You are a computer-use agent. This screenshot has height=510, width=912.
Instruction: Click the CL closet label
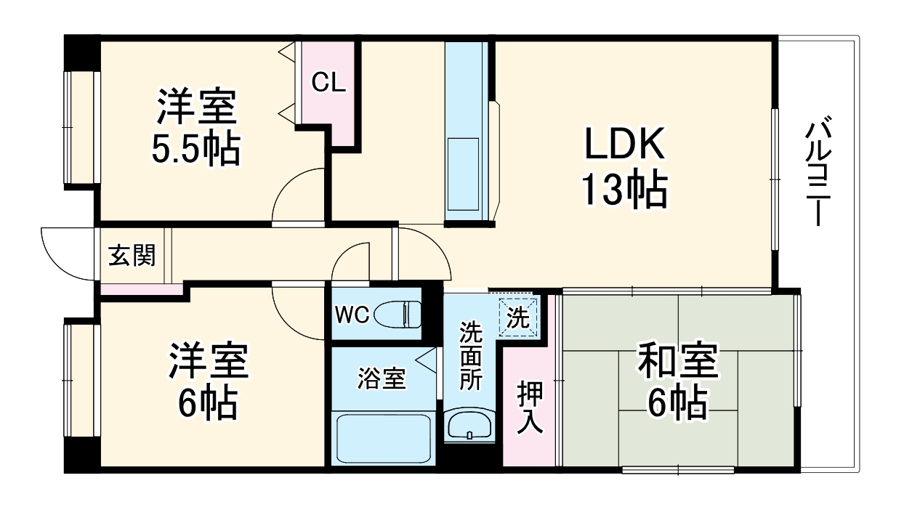[x=328, y=83]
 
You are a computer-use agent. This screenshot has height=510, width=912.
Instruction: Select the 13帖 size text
[x=624, y=190]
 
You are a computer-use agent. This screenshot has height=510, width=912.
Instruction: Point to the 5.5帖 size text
[x=195, y=150]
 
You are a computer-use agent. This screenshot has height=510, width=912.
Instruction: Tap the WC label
[x=352, y=315]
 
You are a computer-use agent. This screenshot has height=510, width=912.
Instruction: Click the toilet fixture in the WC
[x=402, y=314]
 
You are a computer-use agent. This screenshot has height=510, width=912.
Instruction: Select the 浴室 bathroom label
[x=382, y=378]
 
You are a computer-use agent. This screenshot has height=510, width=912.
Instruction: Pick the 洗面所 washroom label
[x=471, y=356]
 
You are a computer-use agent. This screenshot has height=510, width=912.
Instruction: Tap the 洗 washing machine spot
[x=518, y=317]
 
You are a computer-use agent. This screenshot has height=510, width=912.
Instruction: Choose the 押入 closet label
[x=530, y=408]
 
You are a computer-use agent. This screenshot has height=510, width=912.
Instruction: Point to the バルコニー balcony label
[x=818, y=171]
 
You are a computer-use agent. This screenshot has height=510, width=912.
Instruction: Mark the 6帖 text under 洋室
[x=209, y=404]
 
